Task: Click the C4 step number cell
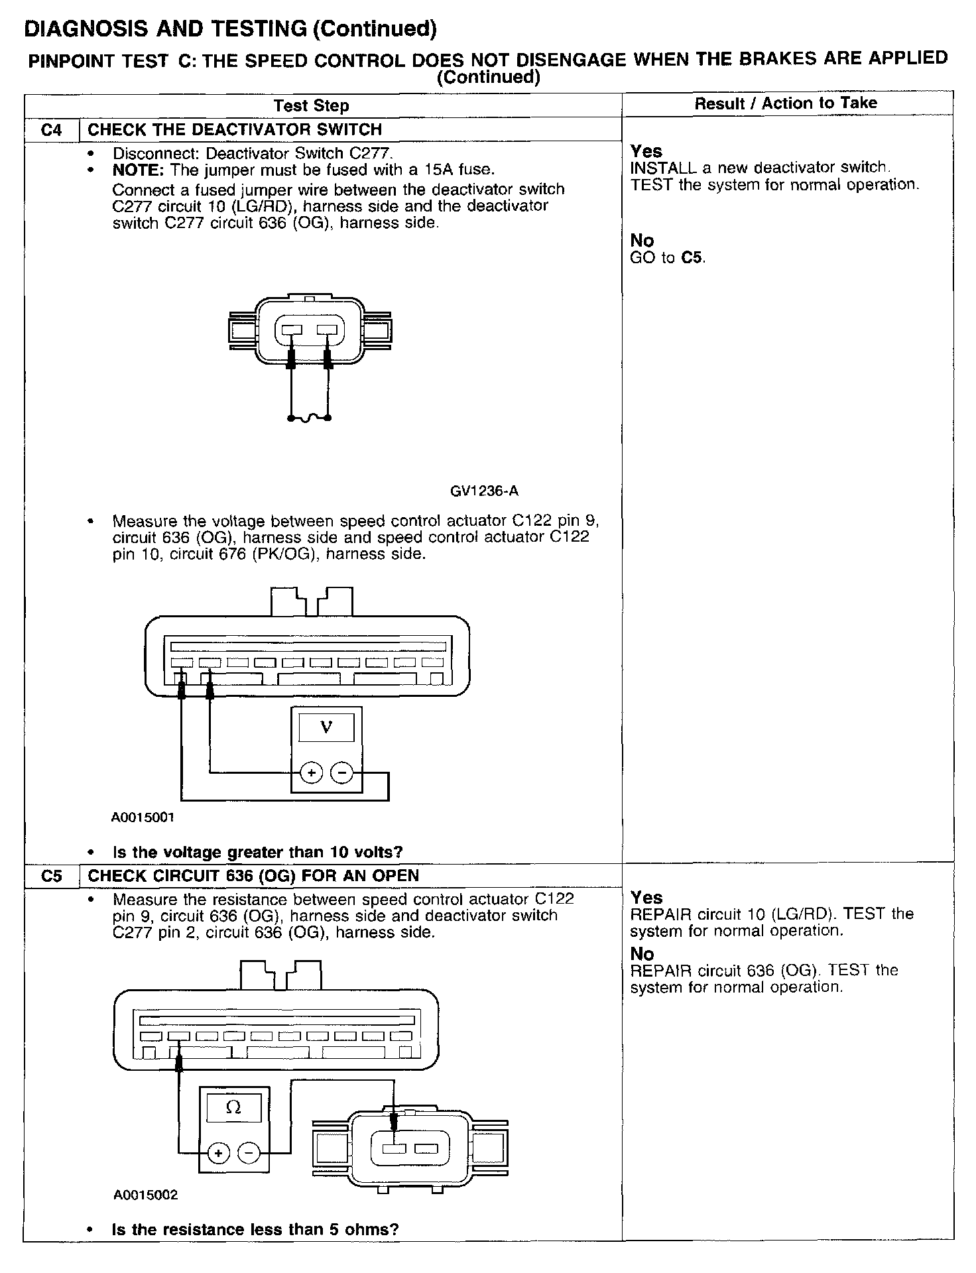(x=51, y=130)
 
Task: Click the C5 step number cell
(x=51, y=876)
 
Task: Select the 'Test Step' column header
(x=311, y=105)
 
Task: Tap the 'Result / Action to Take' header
(x=786, y=103)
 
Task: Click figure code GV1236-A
(x=484, y=491)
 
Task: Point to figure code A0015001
(x=143, y=818)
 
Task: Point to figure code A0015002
(x=145, y=1195)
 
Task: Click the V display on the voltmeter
(x=326, y=727)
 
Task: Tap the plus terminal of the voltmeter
(x=311, y=773)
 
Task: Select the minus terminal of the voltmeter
(x=341, y=773)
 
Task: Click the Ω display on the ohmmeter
(x=233, y=1108)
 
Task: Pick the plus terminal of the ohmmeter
(x=217, y=1154)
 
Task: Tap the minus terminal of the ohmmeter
(x=248, y=1154)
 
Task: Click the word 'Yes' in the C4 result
(x=646, y=151)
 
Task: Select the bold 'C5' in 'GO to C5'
(x=692, y=257)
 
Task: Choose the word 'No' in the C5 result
(x=642, y=954)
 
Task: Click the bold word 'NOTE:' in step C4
(x=138, y=170)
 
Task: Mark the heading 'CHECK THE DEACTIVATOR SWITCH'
(x=235, y=130)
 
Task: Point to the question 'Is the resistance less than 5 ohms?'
(x=255, y=1230)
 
